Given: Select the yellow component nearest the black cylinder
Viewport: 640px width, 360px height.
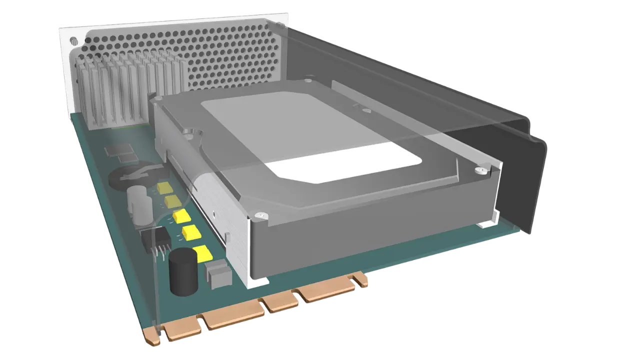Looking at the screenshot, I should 201,253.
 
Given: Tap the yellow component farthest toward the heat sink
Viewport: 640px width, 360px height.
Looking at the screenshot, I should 163,188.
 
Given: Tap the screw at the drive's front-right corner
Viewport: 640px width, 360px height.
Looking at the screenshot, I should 481,169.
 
